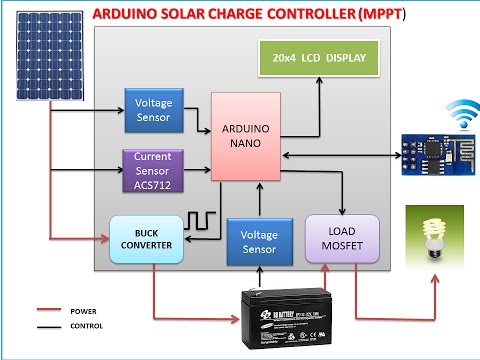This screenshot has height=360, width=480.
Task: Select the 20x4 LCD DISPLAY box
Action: (x=320, y=59)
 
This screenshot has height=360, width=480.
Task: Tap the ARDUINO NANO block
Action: (x=245, y=138)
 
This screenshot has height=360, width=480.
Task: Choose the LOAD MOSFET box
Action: (x=342, y=238)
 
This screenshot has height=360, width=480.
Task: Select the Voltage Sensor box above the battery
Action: (x=258, y=239)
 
